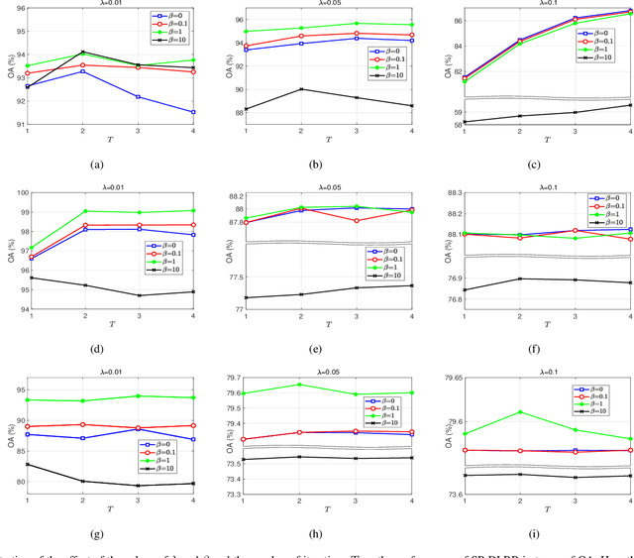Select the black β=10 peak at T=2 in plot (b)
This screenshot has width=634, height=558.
click(x=300, y=89)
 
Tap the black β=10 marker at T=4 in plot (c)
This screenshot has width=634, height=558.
click(x=631, y=105)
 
